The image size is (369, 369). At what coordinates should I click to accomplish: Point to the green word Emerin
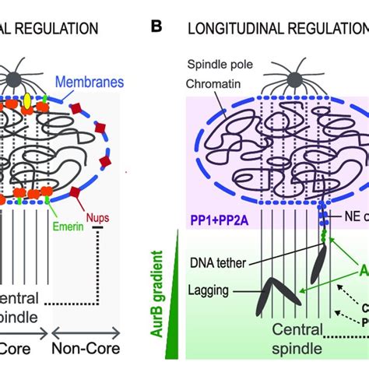click(x=46, y=227)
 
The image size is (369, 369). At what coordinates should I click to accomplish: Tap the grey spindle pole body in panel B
click(x=277, y=79)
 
